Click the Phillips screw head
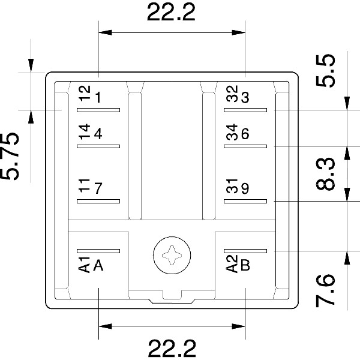click(x=172, y=255)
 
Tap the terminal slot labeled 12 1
click(x=98, y=110)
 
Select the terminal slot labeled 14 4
click(x=98, y=146)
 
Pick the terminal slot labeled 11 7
click(x=98, y=201)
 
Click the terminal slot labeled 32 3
click(x=245, y=110)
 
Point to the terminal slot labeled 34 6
click(x=245, y=146)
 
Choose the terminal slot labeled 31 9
click(x=245, y=201)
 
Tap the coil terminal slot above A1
click(x=98, y=251)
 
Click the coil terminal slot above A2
click(x=245, y=251)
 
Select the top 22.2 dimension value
click(x=171, y=13)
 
